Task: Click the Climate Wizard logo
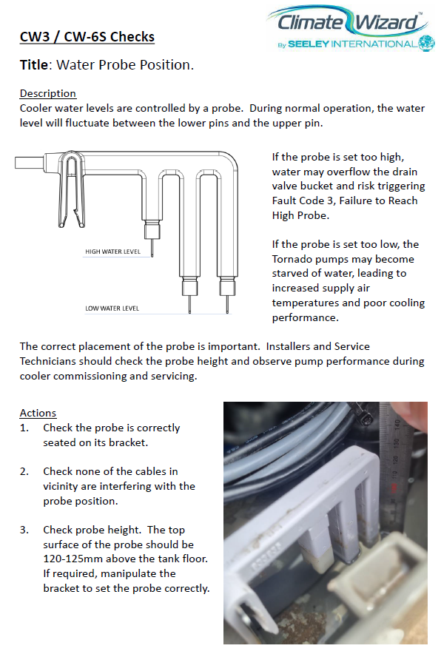351,28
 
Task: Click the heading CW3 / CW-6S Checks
87,37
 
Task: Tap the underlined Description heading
48,93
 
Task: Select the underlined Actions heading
38,413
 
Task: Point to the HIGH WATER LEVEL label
112,252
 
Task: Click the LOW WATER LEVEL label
112,309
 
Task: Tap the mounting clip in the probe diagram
71,190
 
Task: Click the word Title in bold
34,65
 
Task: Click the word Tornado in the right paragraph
292,259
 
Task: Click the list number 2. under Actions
24,472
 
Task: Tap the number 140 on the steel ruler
397,425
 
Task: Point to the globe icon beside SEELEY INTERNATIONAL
427,44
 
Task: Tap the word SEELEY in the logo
309,44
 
